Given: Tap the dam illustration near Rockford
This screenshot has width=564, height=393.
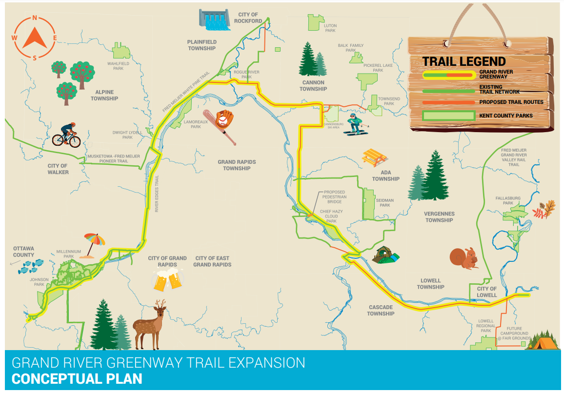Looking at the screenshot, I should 214,19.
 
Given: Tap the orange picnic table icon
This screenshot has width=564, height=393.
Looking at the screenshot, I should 374,157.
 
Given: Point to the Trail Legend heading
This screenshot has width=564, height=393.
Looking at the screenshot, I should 463,61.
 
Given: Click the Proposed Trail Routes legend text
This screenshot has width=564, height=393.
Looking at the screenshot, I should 511,102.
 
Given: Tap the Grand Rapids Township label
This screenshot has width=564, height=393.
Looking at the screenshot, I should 237,165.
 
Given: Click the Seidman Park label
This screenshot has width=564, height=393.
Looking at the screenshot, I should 385,202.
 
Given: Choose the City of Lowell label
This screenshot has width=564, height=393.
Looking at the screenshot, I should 486,292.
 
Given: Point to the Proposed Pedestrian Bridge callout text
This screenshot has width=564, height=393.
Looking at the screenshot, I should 335,196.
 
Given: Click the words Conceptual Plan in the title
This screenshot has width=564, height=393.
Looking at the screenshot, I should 77,379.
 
